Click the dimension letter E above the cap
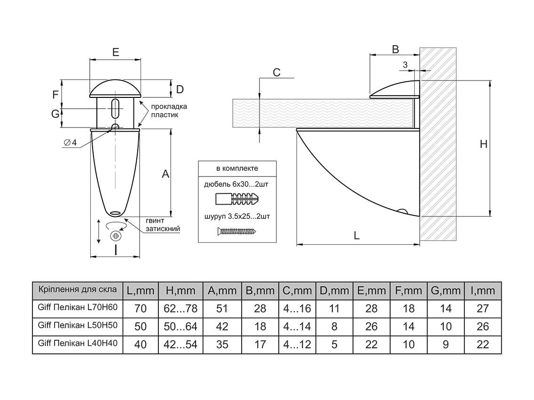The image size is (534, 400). (116, 52)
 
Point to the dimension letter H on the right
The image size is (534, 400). (483, 144)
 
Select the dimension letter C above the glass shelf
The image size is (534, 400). (276, 72)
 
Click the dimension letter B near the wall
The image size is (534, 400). (395, 49)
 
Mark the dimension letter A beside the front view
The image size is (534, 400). (165, 174)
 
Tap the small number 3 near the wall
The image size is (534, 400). (405, 64)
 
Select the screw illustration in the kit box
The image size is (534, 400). (236, 231)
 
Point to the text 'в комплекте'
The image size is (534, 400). (237, 168)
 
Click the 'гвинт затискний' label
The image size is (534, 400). (163, 225)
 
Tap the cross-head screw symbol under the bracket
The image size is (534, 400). (115, 235)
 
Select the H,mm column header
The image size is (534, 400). (181, 291)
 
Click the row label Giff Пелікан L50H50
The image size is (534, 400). (77, 325)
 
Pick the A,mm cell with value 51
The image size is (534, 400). (222, 309)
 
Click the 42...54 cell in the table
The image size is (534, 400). (181, 344)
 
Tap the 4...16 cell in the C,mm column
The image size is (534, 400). (297, 309)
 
